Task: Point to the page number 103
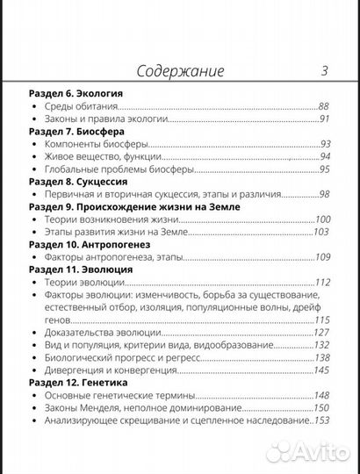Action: pos(321,232)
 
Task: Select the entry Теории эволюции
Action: pos(85,283)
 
